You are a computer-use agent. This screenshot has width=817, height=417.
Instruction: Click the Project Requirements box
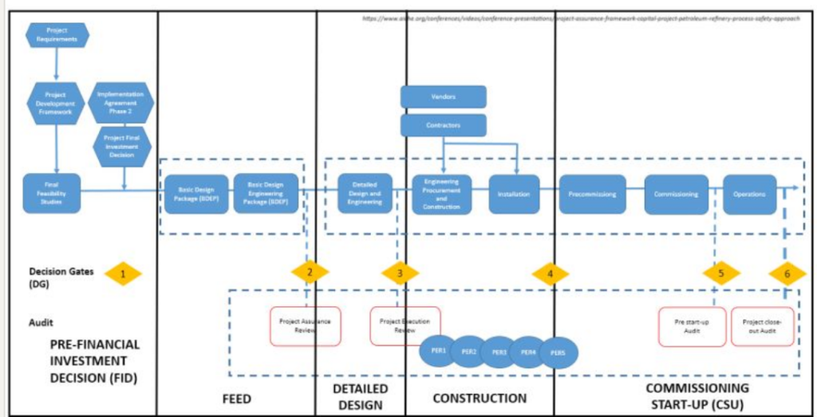[57, 35]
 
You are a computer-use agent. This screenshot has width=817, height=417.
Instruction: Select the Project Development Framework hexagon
[55, 103]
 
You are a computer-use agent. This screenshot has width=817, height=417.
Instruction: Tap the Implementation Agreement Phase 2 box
[124, 103]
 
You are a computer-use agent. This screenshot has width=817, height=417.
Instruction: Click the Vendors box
[443, 97]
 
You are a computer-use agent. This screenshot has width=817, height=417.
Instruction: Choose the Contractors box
[443, 125]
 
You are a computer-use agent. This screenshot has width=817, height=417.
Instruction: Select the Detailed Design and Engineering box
[365, 194]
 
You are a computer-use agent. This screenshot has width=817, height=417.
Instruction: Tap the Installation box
[514, 194]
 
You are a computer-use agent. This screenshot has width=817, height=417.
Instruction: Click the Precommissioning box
[591, 194]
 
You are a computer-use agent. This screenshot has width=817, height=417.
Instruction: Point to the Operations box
[749, 194]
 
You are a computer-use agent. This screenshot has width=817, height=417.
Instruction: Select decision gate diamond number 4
[549, 273]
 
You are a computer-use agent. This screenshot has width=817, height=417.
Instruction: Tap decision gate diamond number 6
[787, 273]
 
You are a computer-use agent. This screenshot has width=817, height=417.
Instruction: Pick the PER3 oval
[499, 352]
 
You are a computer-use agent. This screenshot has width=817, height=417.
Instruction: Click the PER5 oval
[558, 352]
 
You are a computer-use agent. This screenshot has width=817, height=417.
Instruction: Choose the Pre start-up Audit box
[692, 327]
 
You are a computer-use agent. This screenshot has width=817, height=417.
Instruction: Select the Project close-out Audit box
[763, 327]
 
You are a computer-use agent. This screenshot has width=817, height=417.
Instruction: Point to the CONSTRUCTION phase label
[480, 398]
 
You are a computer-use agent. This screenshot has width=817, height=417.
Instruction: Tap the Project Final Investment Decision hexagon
[124, 148]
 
